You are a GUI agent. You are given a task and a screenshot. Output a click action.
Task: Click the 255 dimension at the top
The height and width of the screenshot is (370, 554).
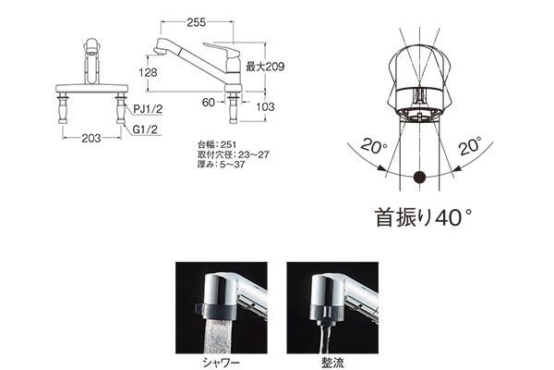(x=196, y=22)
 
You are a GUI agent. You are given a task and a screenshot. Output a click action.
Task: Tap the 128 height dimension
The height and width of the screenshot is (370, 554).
(x=148, y=72)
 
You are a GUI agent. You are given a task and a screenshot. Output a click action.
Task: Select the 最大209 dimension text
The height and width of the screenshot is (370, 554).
(x=265, y=67)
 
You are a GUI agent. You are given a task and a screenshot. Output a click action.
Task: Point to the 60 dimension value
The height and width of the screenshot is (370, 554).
(x=209, y=103)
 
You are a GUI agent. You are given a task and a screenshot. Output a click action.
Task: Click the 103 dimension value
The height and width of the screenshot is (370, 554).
(x=265, y=106)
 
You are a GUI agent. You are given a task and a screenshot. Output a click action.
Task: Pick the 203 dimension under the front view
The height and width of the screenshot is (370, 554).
(x=91, y=138)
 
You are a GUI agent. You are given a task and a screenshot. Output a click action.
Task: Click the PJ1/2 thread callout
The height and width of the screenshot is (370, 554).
(x=148, y=109)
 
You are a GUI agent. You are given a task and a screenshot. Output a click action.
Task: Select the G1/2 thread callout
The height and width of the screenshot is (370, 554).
(x=145, y=129)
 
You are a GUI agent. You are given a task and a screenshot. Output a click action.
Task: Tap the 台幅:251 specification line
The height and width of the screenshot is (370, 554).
(x=217, y=144)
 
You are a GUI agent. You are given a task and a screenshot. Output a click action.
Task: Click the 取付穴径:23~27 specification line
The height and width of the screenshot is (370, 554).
(x=234, y=154)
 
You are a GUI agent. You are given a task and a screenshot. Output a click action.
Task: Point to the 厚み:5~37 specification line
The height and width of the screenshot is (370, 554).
(x=222, y=165)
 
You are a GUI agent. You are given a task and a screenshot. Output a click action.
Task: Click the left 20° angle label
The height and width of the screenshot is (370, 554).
(x=374, y=146)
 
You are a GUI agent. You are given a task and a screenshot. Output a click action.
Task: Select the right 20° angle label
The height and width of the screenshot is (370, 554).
(x=471, y=146)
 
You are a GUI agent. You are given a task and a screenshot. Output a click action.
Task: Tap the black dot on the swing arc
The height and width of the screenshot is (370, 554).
(x=419, y=177)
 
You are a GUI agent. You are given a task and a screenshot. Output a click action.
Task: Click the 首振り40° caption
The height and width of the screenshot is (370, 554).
(x=423, y=217)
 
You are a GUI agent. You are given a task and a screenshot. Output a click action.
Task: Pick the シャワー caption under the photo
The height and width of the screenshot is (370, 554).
(x=222, y=363)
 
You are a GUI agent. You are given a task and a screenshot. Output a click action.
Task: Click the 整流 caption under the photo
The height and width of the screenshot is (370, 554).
(x=332, y=363)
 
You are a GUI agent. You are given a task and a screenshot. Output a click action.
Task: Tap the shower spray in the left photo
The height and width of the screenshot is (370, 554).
(x=217, y=336)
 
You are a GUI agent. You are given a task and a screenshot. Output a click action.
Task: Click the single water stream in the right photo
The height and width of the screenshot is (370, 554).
(x=325, y=339)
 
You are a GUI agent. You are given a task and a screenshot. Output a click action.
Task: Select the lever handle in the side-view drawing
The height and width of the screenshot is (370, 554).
(x=220, y=47)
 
